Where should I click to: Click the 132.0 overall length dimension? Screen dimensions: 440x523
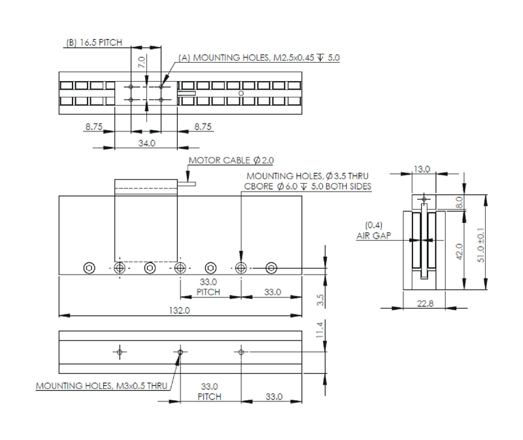[180, 311]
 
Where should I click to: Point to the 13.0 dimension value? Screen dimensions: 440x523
[422, 169]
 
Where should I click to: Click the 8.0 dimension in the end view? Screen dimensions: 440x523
[459, 201]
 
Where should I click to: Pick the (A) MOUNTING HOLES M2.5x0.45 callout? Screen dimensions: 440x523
[259, 58]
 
